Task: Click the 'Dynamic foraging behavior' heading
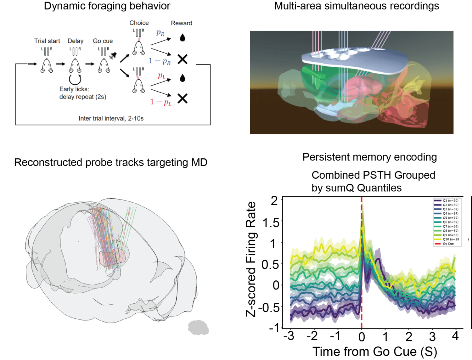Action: (107, 6)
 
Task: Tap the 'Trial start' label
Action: (47, 41)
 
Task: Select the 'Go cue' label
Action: (103, 41)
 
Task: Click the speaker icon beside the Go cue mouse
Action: (113, 56)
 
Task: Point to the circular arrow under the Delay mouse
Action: (75, 79)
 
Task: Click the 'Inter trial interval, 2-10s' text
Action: (111, 118)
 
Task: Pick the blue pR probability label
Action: (160, 33)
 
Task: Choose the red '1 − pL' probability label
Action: (160, 102)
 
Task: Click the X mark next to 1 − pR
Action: (183, 59)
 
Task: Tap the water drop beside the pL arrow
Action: (183, 78)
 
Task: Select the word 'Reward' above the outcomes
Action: (181, 23)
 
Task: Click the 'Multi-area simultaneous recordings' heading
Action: (357, 6)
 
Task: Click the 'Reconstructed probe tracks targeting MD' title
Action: (111, 162)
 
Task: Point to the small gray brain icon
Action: (198, 328)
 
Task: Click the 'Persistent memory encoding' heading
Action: (369, 157)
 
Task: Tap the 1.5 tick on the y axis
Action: (271, 223)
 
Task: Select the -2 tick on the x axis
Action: (312, 336)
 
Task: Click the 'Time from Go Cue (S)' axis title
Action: (374, 352)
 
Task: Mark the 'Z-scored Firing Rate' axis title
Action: (251, 259)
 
